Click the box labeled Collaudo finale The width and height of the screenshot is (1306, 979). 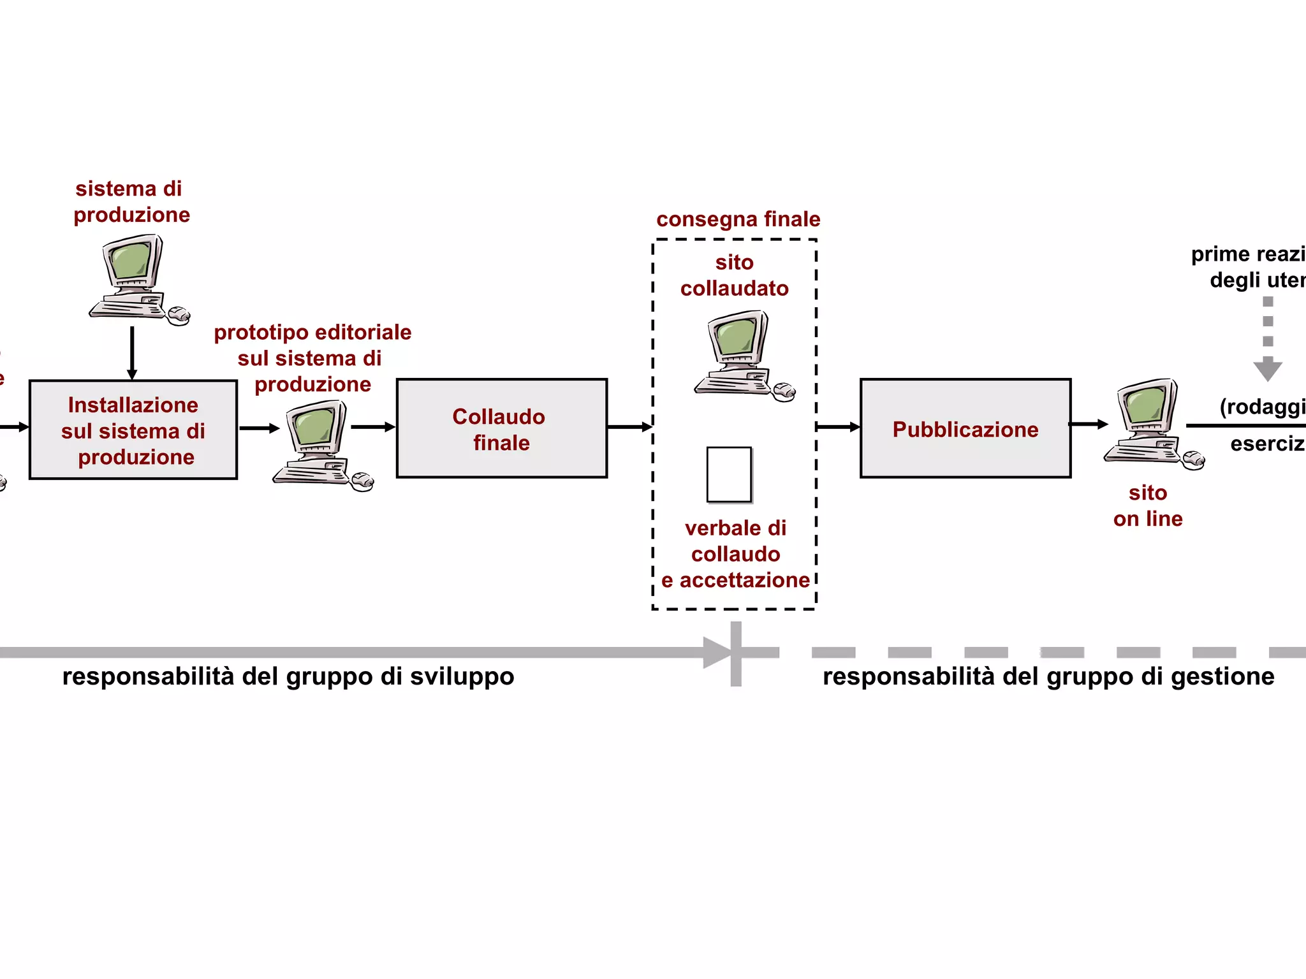click(501, 428)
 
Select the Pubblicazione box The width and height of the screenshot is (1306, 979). click(965, 428)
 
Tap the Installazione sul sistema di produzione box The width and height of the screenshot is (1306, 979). click(133, 430)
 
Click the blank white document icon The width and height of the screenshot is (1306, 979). click(729, 475)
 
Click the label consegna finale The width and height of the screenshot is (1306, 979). click(738, 219)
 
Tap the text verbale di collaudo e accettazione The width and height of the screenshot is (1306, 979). click(735, 554)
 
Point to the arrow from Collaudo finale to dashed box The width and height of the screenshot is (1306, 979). click(630, 426)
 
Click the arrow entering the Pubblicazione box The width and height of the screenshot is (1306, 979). click(838, 426)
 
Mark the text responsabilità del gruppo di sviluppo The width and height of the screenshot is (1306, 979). click(288, 676)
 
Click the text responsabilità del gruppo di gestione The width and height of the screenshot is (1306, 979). click(1048, 676)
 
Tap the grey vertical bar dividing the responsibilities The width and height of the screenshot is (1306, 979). click(736, 653)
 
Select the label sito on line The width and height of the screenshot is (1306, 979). click(1147, 505)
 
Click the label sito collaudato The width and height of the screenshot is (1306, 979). click(734, 275)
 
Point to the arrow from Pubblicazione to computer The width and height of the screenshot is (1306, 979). click(1088, 424)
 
